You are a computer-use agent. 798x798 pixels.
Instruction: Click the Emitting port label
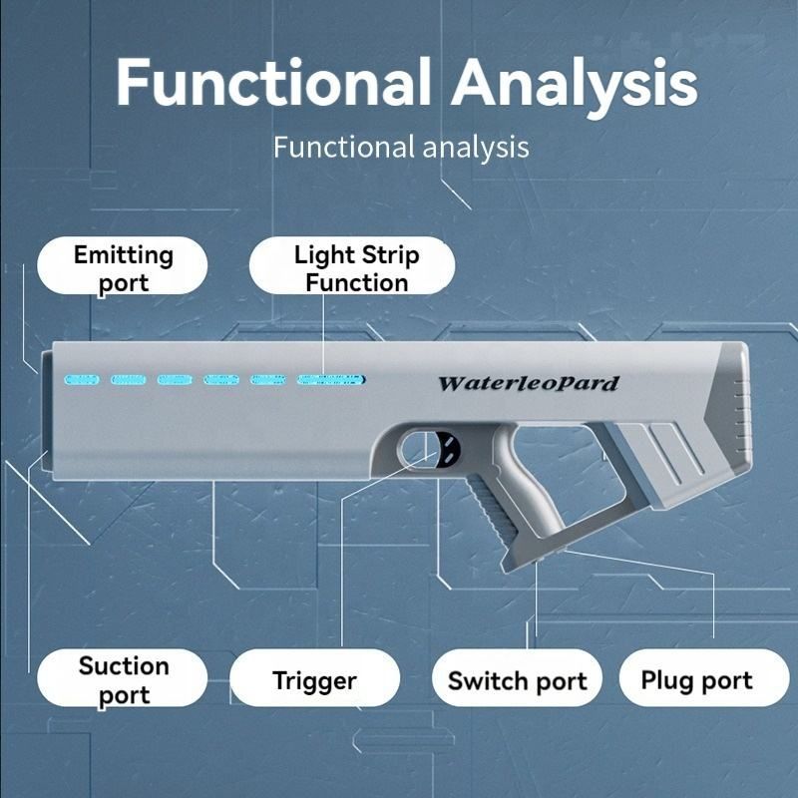pos(122,265)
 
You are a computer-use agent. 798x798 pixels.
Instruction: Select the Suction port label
pos(122,677)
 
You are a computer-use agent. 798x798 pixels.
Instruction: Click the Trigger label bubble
pos(314,677)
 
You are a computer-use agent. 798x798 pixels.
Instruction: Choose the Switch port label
pos(517,677)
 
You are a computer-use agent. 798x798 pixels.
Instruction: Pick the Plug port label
pos(704,677)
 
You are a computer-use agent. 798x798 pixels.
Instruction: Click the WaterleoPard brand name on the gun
pos(529,383)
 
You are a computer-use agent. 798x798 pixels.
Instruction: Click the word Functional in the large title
pos(273,82)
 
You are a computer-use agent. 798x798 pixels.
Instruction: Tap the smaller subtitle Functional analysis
pos(401,148)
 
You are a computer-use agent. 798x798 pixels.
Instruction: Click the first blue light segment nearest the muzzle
pos(82,380)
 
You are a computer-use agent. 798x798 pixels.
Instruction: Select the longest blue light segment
pos(331,380)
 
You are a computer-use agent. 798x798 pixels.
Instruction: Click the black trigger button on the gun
pos(446,450)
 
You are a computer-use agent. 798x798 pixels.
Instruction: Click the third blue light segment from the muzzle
pos(175,380)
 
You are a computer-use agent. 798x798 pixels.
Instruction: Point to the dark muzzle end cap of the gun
pos(47,410)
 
